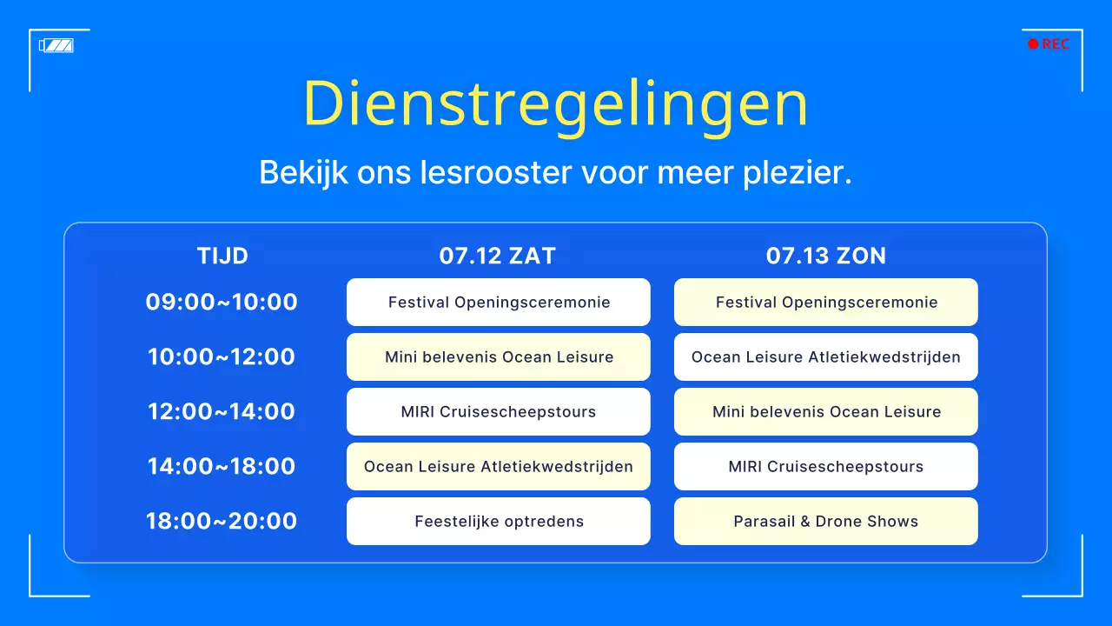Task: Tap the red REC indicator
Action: [x=1049, y=44]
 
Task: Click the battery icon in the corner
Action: [x=56, y=45]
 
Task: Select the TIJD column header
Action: [x=222, y=256]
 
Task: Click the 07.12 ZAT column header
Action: [x=497, y=256]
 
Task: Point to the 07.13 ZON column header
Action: [x=825, y=256]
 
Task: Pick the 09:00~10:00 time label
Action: [x=222, y=303]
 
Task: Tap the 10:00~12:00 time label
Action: [x=222, y=357]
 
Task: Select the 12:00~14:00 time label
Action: [x=222, y=412]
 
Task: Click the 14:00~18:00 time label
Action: [x=222, y=467]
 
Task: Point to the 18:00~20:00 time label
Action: [x=222, y=522]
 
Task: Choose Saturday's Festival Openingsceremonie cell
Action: [x=498, y=303]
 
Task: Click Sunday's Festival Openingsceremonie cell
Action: [x=825, y=303]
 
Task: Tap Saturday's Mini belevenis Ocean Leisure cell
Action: [x=498, y=357]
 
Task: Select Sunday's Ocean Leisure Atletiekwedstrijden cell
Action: [x=825, y=357]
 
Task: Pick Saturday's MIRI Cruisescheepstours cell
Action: [x=498, y=412]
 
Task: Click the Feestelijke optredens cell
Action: [x=498, y=522]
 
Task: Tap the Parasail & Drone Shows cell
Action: [x=825, y=522]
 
